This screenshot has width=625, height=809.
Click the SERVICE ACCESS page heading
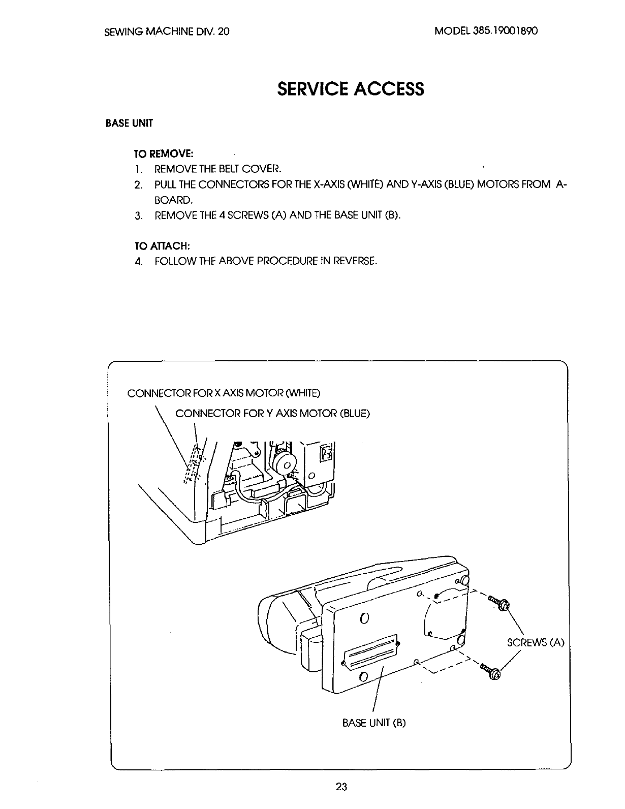[350, 89]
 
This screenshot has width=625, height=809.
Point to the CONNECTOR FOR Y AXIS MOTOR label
[272, 413]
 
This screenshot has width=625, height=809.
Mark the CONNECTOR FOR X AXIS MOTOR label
[224, 393]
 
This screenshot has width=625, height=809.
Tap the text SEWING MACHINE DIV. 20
[167, 32]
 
